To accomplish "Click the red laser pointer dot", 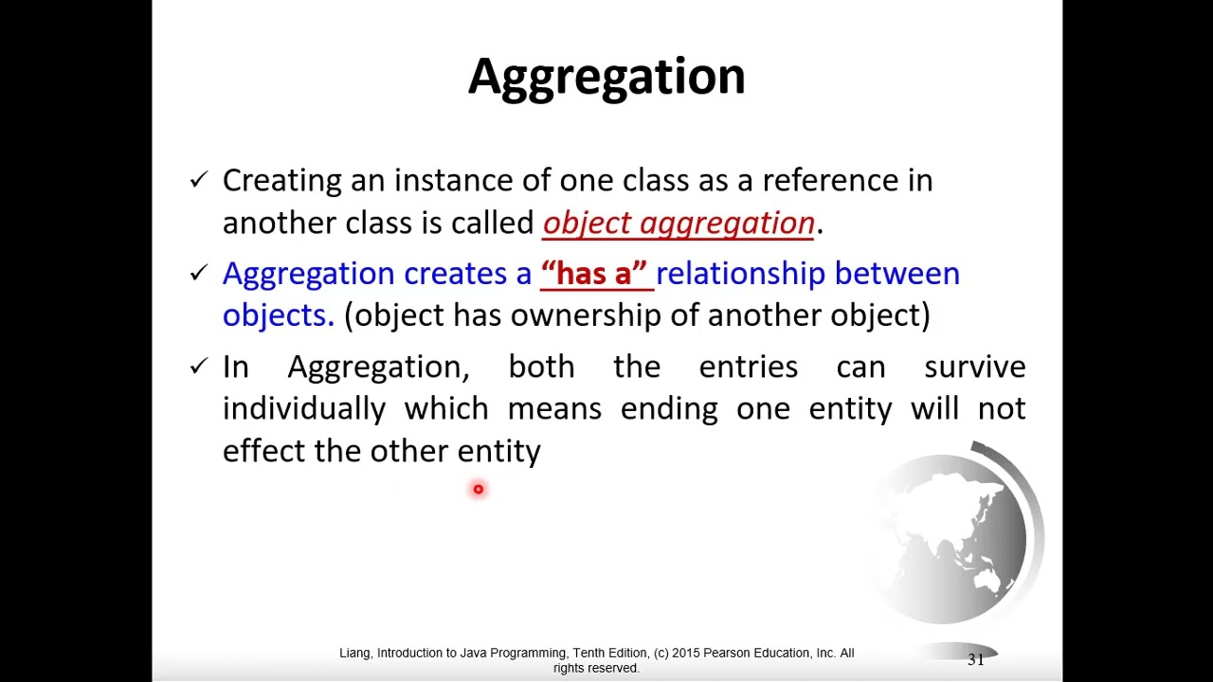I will [x=479, y=490].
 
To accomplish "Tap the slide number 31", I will [x=975, y=659].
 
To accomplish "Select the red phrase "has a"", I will [x=594, y=274].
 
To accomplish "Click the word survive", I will [x=974, y=367].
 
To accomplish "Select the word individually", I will [x=303, y=409].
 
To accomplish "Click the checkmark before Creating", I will [x=198, y=179].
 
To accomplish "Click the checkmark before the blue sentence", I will [x=198, y=273].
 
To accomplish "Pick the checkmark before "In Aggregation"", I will [x=198, y=366].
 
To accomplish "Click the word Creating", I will [x=281, y=181].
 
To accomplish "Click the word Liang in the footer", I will [x=355, y=653].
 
